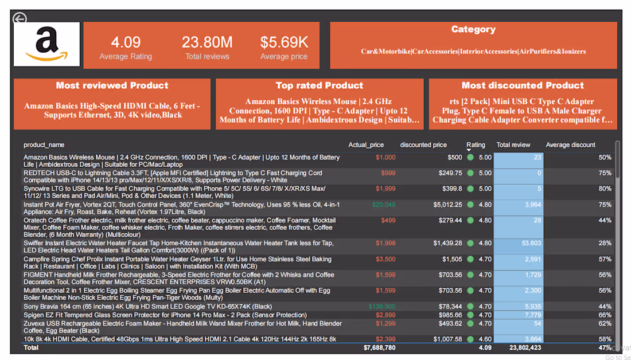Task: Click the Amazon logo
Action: click(x=46, y=45)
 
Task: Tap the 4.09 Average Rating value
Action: click(x=126, y=42)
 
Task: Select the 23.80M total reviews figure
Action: click(x=207, y=42)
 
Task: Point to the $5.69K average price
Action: click(x=284, y=42)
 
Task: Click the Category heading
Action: click(x=473, y=30)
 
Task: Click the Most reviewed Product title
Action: click(x=112, y=86)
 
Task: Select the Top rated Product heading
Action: click(x=320, y=86)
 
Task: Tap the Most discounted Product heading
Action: click(x=523, y=86)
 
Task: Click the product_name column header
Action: click(x=44, y=145)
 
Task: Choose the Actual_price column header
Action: click(x=366, y=145)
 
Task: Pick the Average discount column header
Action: click(x=570, y=145)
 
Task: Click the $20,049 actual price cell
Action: click(x=384, y=205)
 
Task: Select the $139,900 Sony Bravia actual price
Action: click(x=382, y=307)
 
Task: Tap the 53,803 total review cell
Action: click(x=531, y=243)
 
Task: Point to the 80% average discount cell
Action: click(x=605, y=189)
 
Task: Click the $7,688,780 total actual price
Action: click(x=379, y=348)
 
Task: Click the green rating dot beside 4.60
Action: click(x=470, y=339)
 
